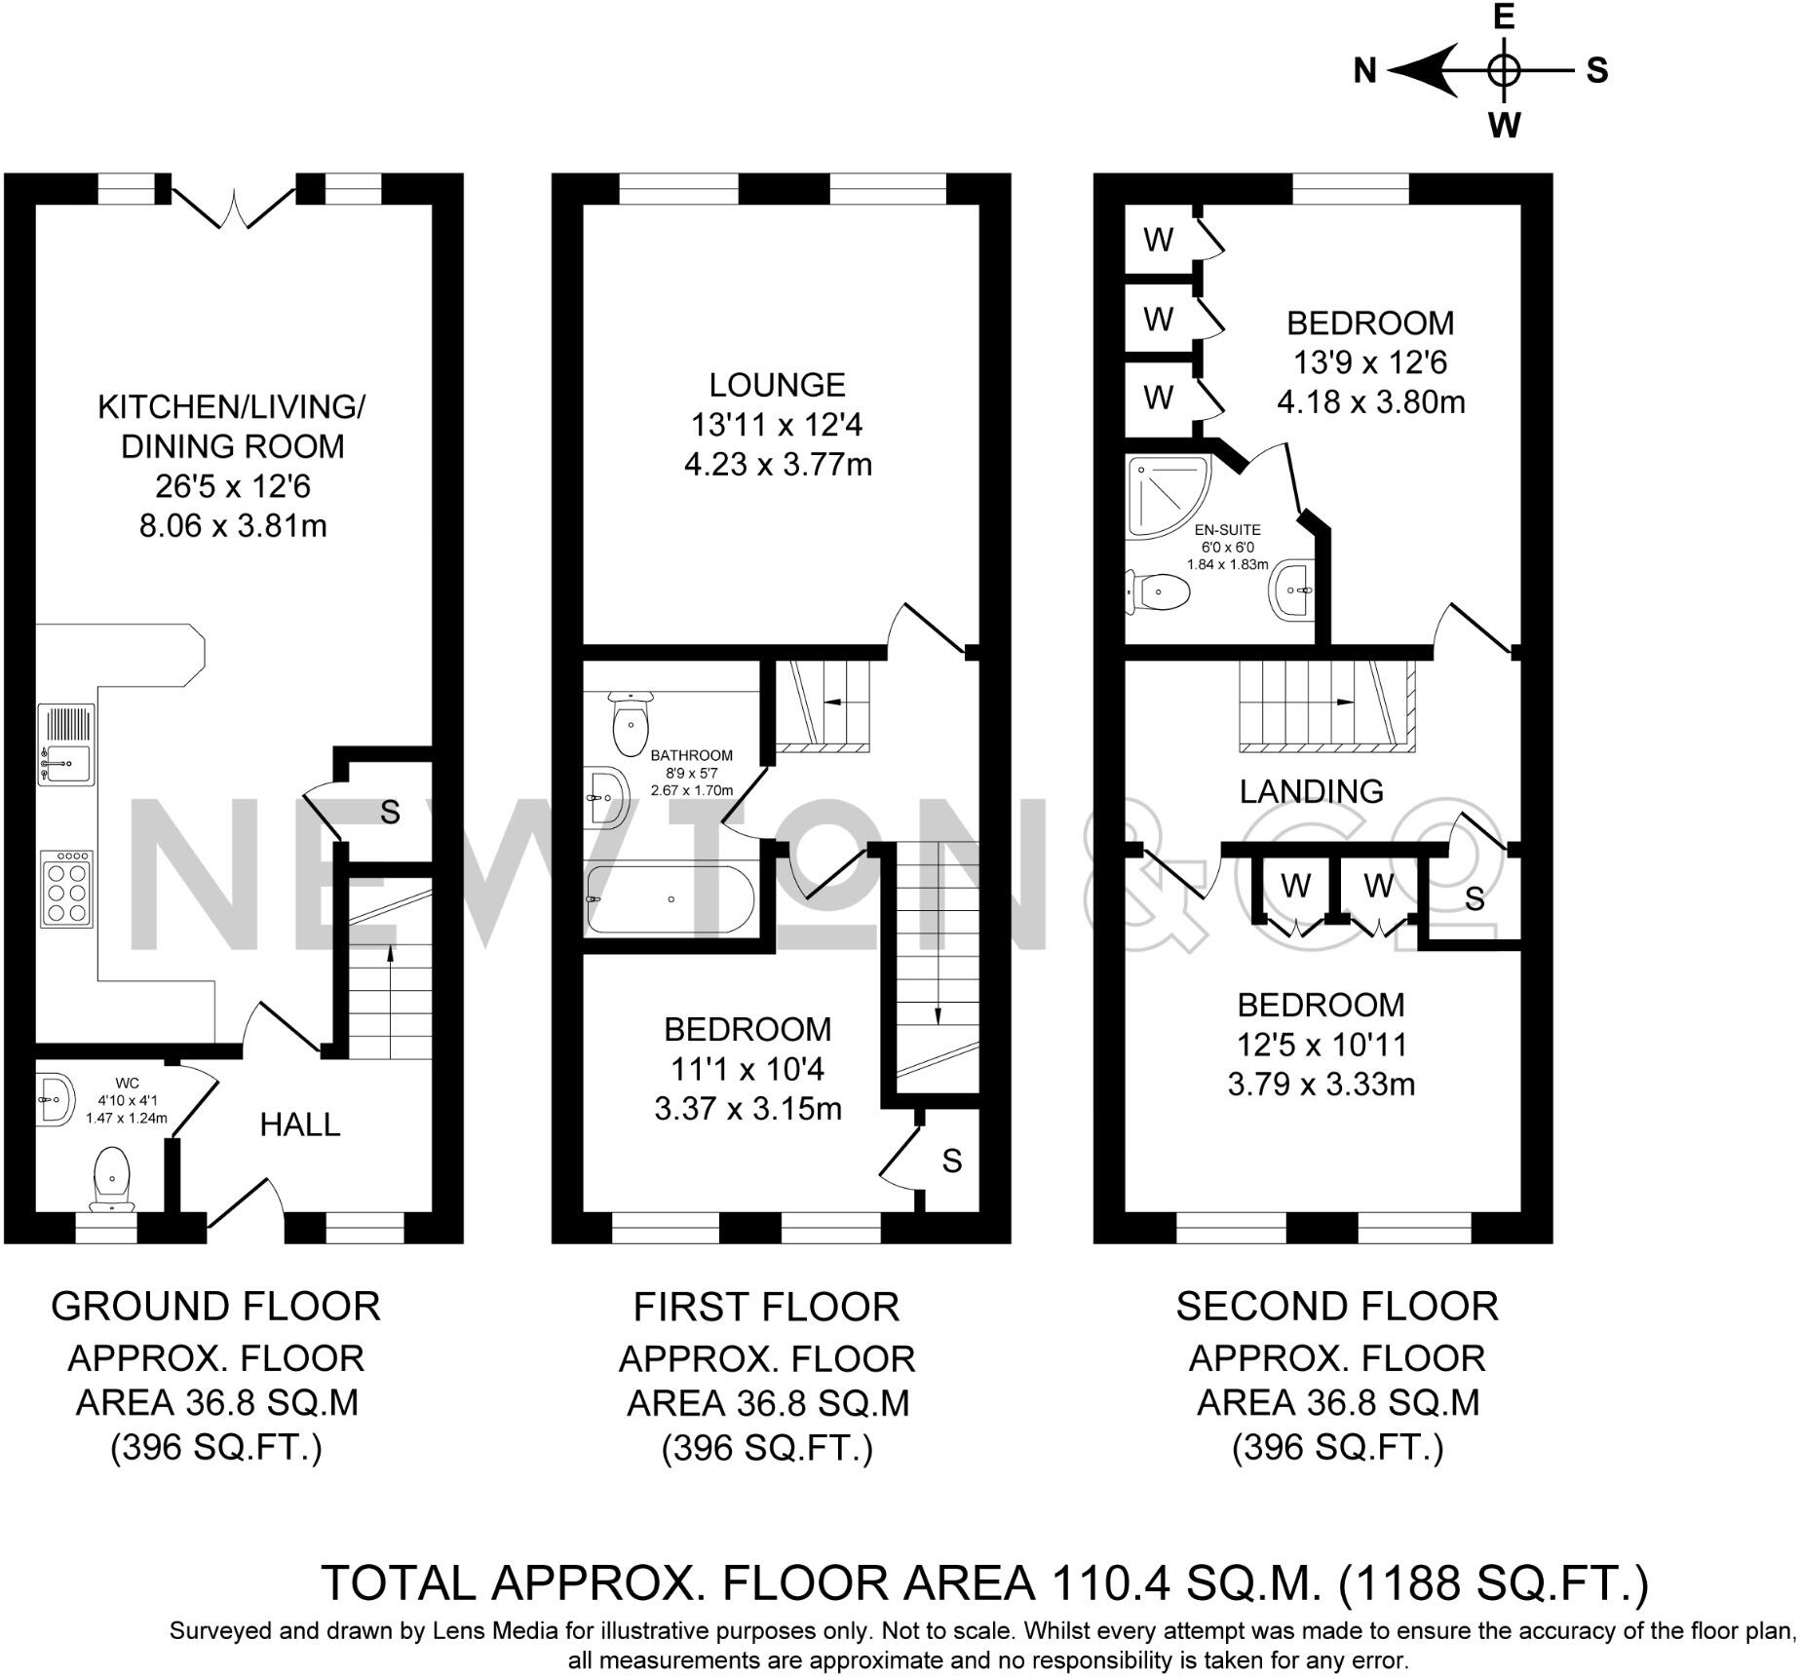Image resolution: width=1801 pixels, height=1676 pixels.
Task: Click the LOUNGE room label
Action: [x=777, y=385]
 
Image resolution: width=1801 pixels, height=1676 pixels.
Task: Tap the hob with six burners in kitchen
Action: [x=66, y=888]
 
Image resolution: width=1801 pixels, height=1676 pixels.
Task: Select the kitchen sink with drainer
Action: [x=66, y=745]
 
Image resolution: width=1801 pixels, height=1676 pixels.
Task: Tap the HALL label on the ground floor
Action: [x=300, y=1125]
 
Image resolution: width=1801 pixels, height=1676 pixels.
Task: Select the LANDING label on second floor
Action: [x=1311, y=791]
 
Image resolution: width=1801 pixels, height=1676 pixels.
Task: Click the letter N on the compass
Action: [x=1364, y=71]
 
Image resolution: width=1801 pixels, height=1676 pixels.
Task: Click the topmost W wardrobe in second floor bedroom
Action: [x=1158, y=240]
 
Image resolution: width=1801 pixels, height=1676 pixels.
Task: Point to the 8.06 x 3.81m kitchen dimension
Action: [x=233, y=527]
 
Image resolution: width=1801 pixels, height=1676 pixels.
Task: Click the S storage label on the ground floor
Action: [x=390, y=812]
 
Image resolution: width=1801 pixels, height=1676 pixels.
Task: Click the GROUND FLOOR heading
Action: [x=215, y=1307]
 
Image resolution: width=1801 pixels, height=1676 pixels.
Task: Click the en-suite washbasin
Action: [x=1293, y=590]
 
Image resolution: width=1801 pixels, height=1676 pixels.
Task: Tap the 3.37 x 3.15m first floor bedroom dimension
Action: [x=747, y=1109]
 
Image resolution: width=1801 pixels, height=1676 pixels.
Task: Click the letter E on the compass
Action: [x=1505, y=18]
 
